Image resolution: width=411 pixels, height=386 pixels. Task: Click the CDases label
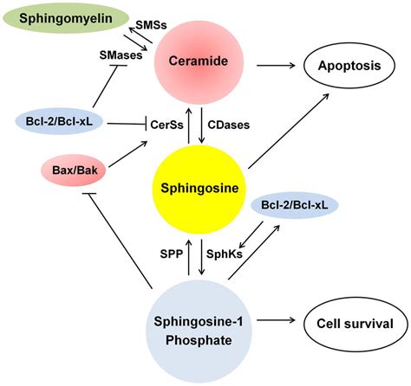pyautogui.click(x=230, y=125)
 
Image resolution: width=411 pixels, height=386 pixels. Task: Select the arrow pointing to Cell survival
pyautogui.click(x=275, y=325)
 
